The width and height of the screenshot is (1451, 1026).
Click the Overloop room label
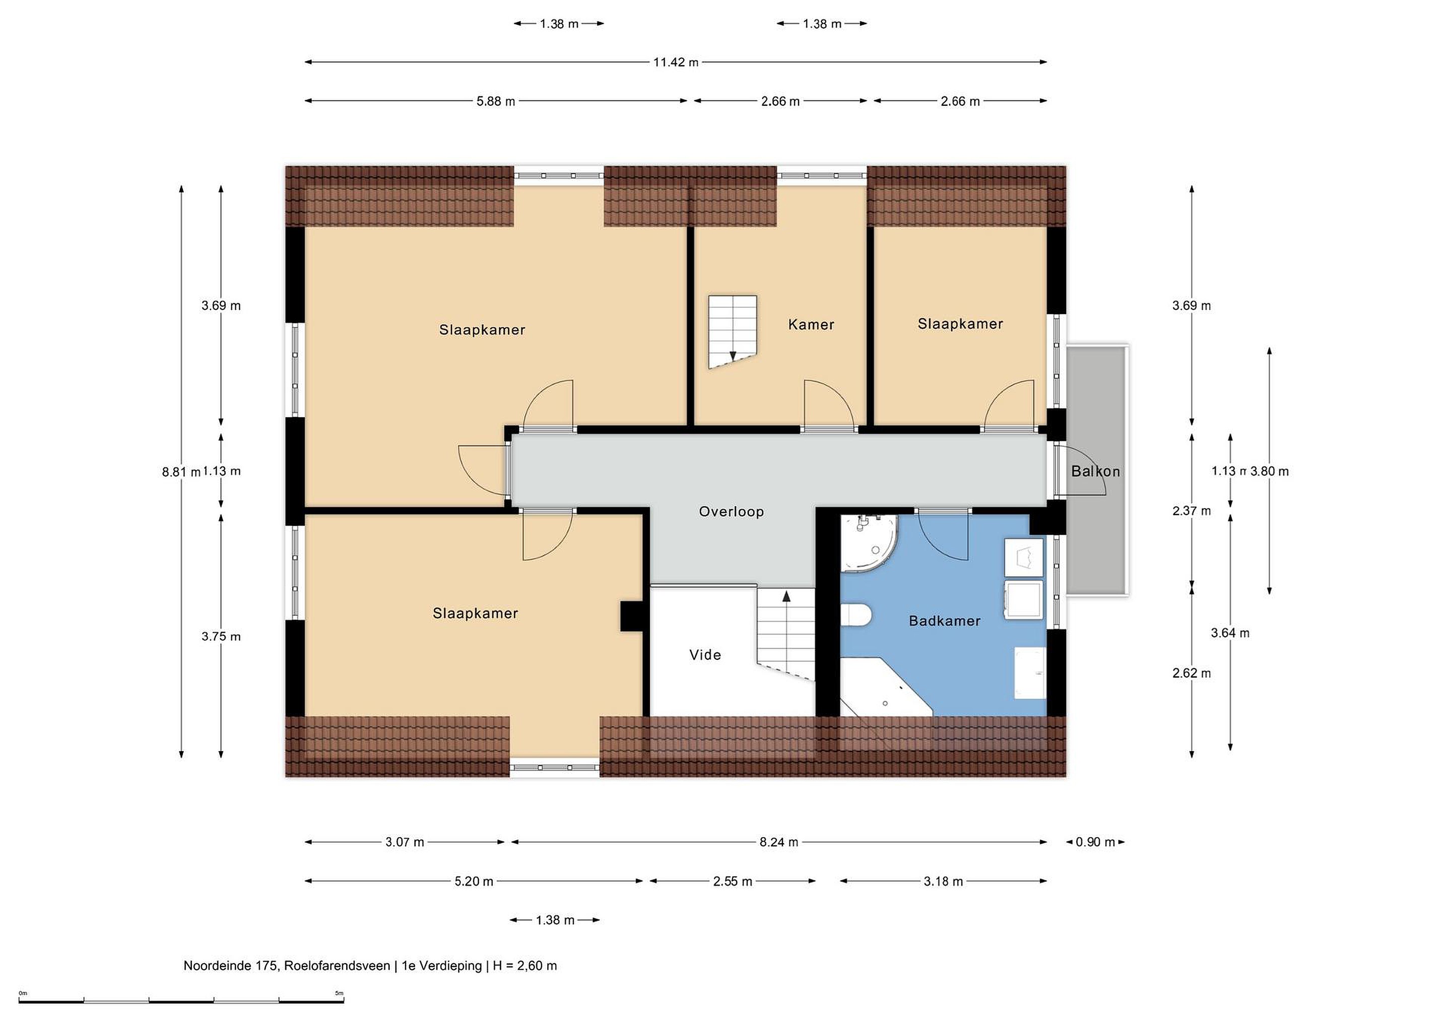(x=731, y=512)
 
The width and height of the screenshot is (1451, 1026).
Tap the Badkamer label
(x=945, y=621)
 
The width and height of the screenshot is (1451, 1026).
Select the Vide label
(x=705, y=655)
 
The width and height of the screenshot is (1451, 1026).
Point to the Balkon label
(x=1095, y=471)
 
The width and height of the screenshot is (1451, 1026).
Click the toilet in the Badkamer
(x=856, y=614)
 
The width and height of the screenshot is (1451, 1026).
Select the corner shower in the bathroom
(x=869, y=543)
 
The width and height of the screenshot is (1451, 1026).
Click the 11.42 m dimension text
(x=676, y=62)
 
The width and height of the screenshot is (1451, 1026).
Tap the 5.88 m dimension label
(x=495, y=101)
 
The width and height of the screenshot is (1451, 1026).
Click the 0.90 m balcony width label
(x=1095, y=842)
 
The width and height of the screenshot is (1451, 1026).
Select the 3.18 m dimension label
(x=943, y=881)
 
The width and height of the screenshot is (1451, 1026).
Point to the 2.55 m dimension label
(x=733, y=881)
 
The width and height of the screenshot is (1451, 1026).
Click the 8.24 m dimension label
(x=778, y=842)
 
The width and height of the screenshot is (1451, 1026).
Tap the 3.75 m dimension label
(x=221, y=637)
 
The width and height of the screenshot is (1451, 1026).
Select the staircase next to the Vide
(x=786, y=634)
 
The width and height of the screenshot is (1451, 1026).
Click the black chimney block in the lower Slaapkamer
(x=631, y=616)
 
